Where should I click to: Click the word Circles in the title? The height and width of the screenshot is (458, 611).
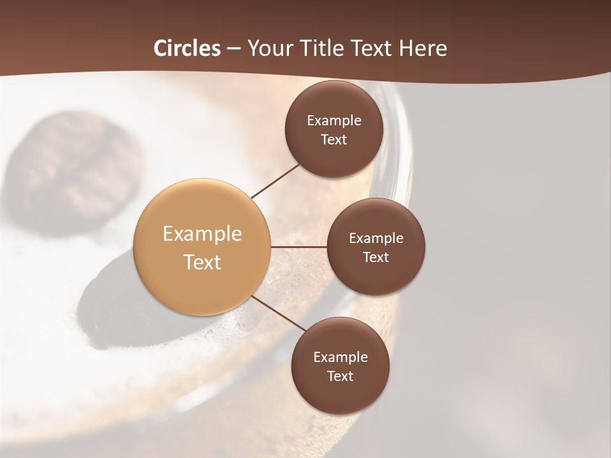(x=187, y=48)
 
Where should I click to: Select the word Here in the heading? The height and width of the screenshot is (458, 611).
(x=423, y=48)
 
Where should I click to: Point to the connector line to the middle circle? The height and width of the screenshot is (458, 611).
(x=298, y=247)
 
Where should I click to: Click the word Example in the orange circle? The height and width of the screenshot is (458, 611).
(x=202, y=234)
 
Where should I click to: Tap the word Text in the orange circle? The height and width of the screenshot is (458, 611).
(x=202, y=262)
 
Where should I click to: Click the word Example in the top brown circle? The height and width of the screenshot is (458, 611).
(x=334, y=121)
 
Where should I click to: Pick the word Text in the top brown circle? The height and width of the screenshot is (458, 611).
(x=334, y=140)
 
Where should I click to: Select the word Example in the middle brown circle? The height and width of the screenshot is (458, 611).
(x=376, y=239)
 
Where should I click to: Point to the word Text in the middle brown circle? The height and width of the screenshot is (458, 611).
(x=376, y=258)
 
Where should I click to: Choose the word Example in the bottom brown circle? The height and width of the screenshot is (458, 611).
(x=341, y=357)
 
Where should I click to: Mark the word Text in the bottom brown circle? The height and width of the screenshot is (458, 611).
(x=340, y=377)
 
